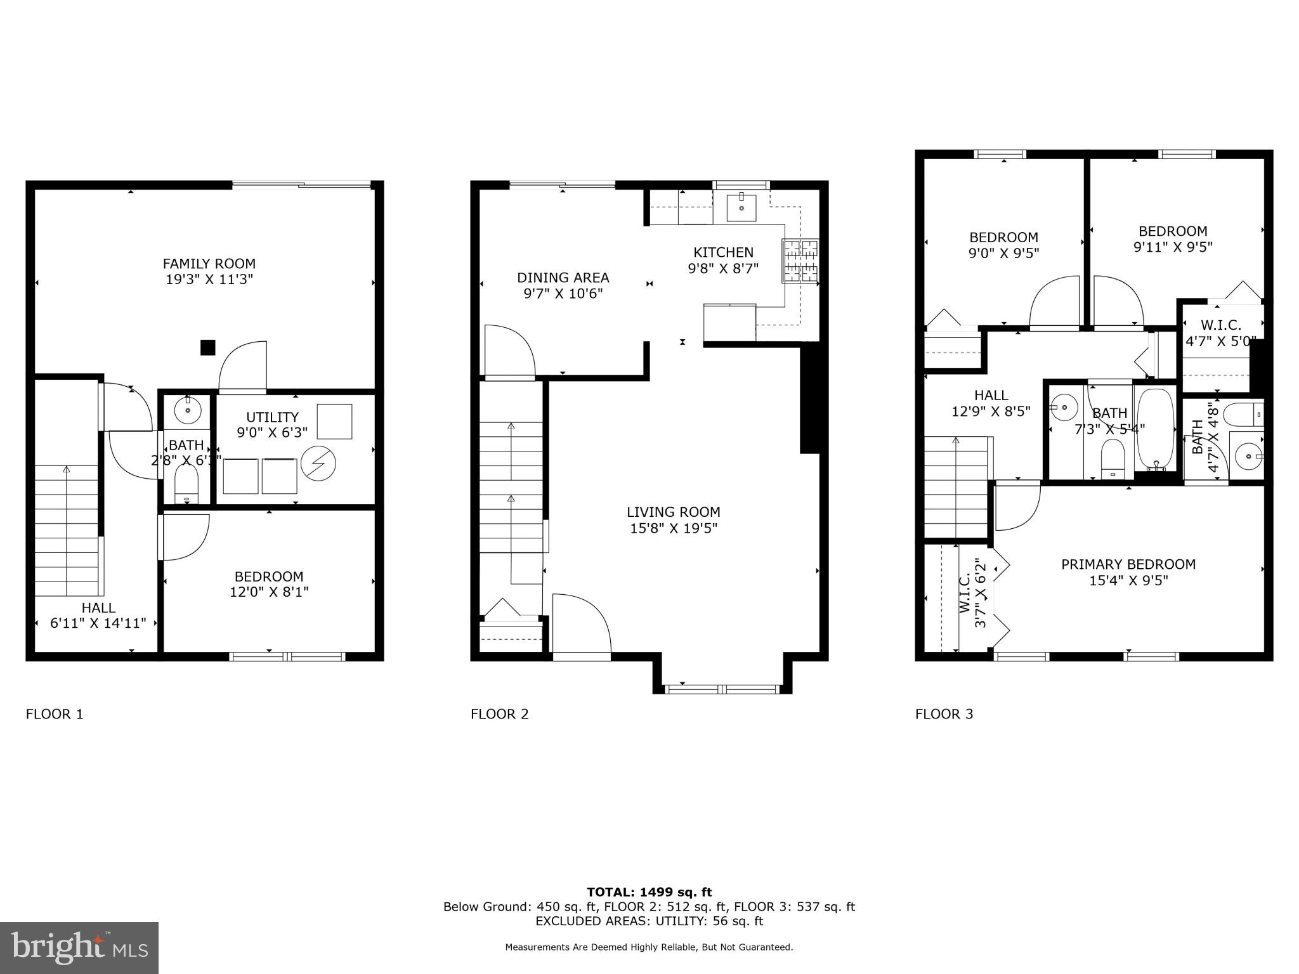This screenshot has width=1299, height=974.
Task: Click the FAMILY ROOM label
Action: click(209, 264)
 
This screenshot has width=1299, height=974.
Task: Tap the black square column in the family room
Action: click(207, 347)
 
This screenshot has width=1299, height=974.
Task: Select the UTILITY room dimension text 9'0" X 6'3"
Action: click(272, 432)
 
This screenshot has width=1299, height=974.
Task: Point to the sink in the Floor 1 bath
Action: click(188, 411)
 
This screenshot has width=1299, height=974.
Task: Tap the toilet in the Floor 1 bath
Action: click(186, 486)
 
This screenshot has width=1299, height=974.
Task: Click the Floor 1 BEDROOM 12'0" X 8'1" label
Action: click(269, 584)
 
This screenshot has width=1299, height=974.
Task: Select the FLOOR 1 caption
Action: click(55, 714)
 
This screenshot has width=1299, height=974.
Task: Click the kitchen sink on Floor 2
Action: click(741, 207)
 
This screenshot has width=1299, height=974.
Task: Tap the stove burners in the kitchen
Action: click(800, 261)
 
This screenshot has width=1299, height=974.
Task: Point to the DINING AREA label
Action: click(563, 278)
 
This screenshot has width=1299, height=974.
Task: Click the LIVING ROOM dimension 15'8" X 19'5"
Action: click(674, 528)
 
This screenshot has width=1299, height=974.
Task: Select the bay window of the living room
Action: click(722, 689)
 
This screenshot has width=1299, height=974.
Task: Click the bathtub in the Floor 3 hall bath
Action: click(1156, 429)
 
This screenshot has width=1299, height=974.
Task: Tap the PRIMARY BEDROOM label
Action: click(1128, 564)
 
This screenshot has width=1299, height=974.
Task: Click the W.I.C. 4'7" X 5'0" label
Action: click(1220, 333)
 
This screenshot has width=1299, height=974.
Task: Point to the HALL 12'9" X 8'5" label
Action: click(991, 403)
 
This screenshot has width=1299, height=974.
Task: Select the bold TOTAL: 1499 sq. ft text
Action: click(649, 892)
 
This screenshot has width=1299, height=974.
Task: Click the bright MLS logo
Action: click(79, 947)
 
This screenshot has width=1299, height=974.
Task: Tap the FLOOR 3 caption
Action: click(944, 714)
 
